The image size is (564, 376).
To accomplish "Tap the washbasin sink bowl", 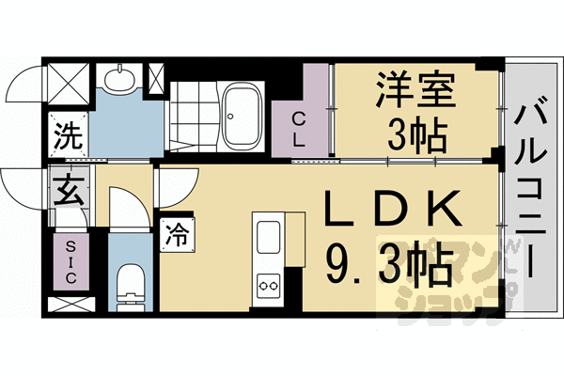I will (x=119, y=79).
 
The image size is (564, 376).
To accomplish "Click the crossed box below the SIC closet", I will (x=69, y=305).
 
